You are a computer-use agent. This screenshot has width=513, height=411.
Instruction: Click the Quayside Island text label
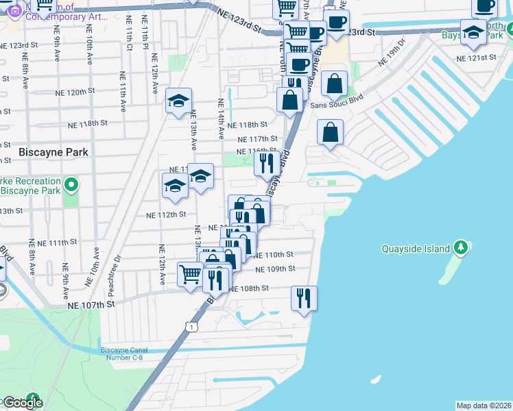click(x=416, y=249)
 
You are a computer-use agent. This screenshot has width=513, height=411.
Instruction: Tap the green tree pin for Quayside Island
click(x=462, y=247)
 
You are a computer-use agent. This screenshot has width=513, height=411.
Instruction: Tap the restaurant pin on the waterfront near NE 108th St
click(x=304, y=298)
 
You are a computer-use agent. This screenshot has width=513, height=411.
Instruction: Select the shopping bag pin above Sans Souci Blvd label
click(x=334, y=85)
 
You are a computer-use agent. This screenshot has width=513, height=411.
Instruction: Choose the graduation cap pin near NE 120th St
click(x=178, y=102)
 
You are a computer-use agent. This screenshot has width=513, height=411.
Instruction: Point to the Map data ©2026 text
click(x=483, y=406)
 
